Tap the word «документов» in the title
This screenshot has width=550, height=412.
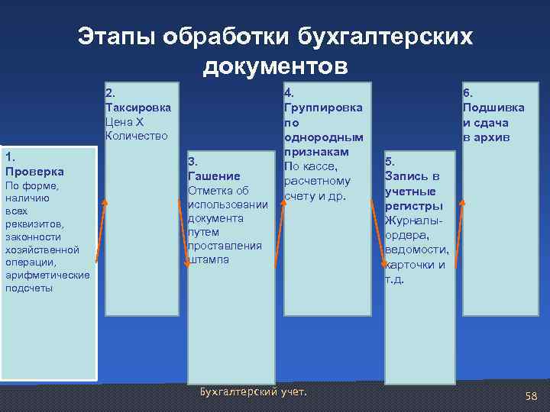(275, 66)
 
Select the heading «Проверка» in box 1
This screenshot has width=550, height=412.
(34, 171)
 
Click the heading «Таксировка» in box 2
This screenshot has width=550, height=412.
(137, 108)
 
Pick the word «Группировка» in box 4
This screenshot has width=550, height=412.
(322, 108)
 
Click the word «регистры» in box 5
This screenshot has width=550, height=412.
(413, 205)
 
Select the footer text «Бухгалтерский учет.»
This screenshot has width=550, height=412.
(253, 392)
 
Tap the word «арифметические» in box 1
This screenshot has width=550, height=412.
(47, 275)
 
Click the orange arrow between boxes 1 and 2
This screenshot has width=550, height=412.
(100, 237)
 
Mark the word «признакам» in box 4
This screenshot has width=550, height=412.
(313, 152)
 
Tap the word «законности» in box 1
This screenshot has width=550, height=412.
(31, 237)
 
